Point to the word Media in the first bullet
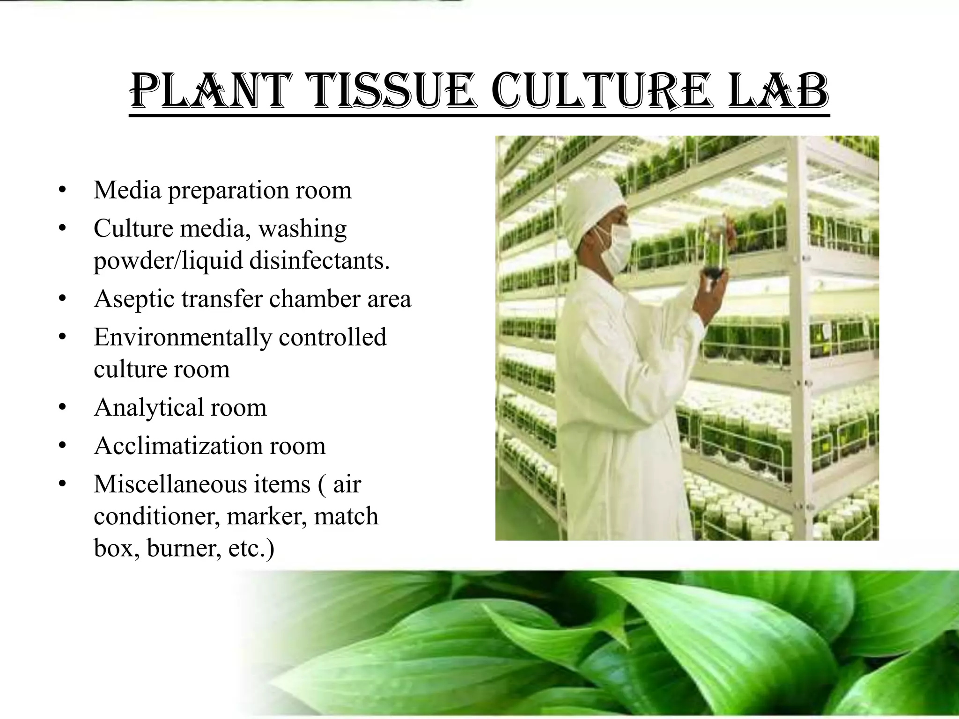click(x=127, y=190)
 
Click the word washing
click(x=302, y=229)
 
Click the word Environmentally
click(x=182, y=337)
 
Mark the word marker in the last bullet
click(x=266, y=516)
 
